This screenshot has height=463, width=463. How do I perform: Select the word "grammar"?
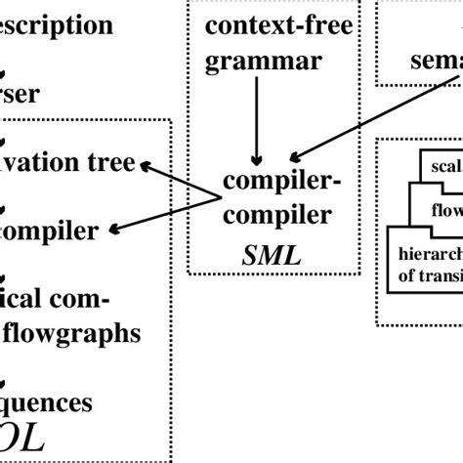[x=263, y=62]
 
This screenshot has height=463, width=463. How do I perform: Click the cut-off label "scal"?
[x=444, y=165]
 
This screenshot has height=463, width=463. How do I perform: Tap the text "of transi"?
[x=429, y=274]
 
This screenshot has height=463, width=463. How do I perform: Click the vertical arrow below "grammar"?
[x=256, y=117]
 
